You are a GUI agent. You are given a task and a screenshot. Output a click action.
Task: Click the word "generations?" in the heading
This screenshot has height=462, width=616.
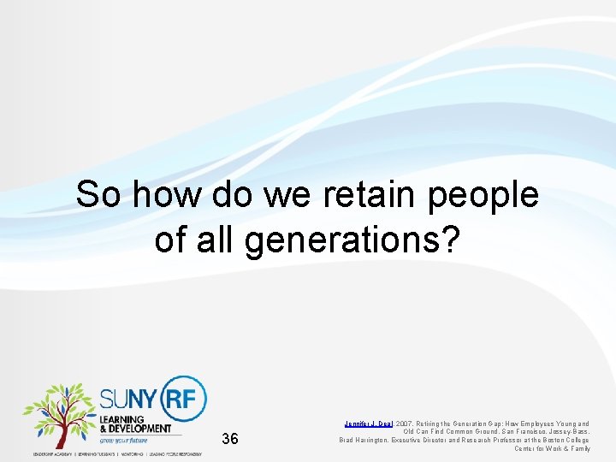tap(353, 240)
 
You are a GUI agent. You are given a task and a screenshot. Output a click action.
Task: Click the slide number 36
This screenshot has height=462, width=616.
tap(229, 440)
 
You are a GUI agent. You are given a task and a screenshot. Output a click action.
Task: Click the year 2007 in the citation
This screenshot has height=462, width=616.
tap(406, 423)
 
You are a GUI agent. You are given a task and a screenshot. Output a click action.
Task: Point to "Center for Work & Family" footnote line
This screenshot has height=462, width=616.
tap(552, 448)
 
